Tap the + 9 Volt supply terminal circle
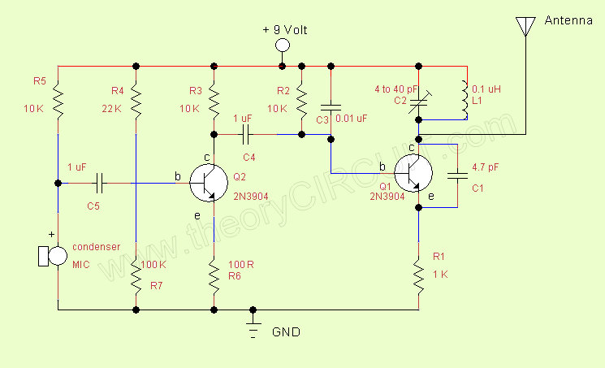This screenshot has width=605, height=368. pyautogui.click(x=283, y=45)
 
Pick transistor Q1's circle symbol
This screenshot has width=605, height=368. pyautogui.click(x=414, y=172)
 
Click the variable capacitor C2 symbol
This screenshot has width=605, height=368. pyautogui.click(x=419, y=101)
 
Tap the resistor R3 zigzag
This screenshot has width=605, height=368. pyautogui.click(x=214, y=101)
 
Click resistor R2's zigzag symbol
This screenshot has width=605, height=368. pyautogui.click(x=301, y=101)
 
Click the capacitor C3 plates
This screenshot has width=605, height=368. pyautogui.click(x=331, y=106)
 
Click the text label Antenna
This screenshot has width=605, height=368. pyautogui.click(x=568, y=22)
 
